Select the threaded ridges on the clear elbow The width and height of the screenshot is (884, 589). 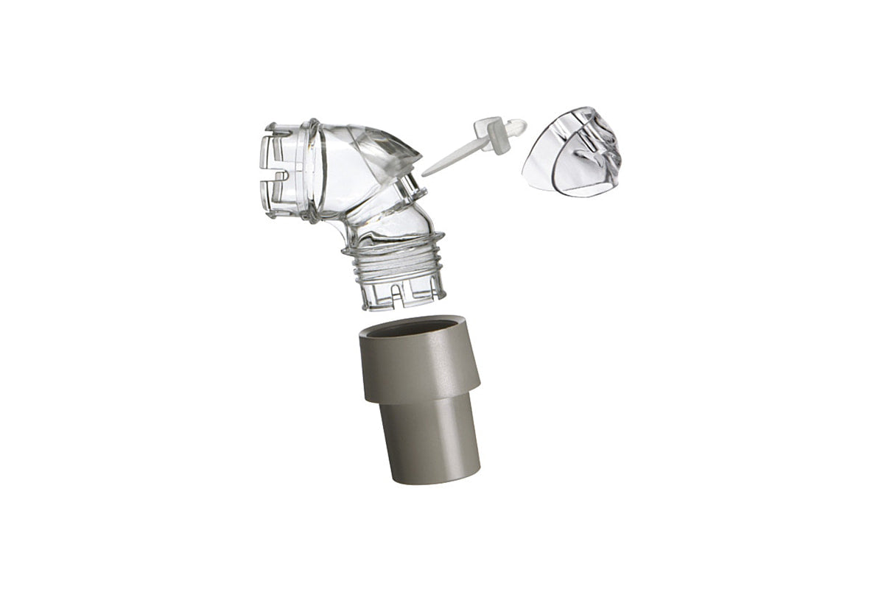pyautogui.click(x=394, y=265)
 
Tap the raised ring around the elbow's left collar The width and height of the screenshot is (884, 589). pyautogui.click(x=313, y=169)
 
